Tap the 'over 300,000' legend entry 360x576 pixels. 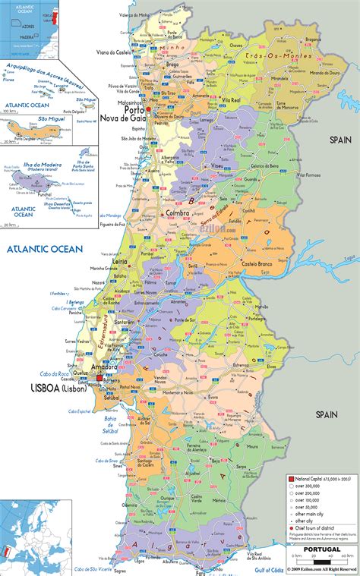pos(311,486)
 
